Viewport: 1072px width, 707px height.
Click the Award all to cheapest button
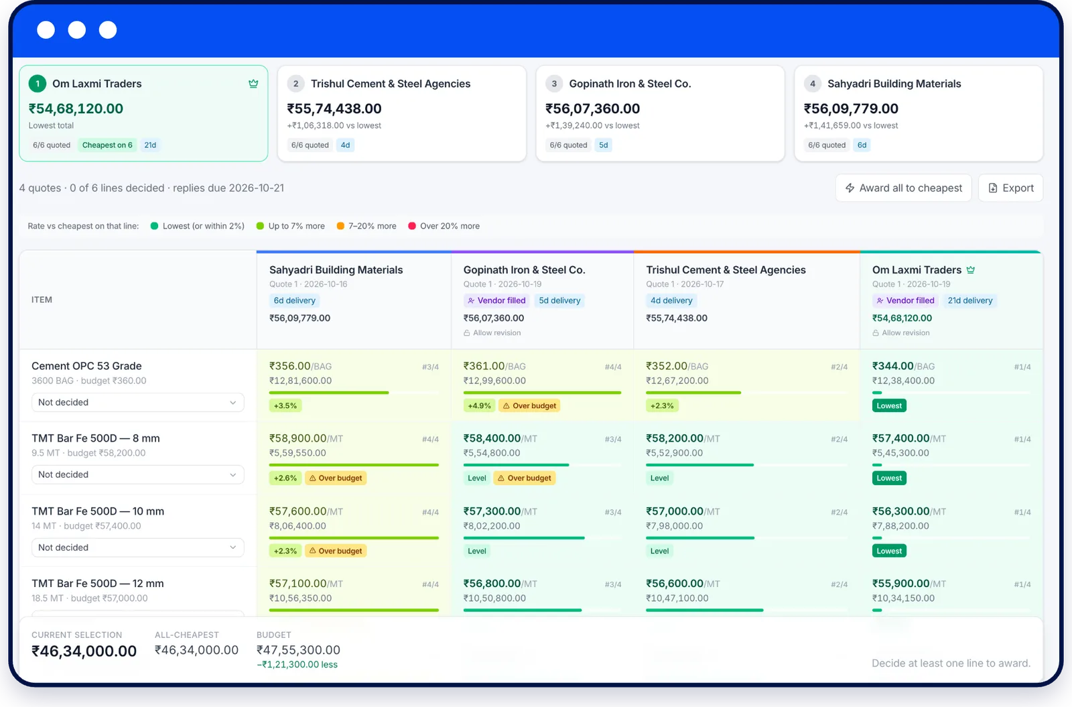pos(903,188)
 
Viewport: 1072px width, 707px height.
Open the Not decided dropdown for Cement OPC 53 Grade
pos(138,402)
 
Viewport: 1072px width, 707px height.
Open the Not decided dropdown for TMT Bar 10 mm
pos(138,547)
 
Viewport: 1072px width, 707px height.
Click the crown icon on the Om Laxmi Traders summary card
pos(253,84)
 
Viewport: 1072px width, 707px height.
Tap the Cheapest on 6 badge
pos(107,145)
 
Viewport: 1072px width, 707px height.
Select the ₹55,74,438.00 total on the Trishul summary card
pos(334,109)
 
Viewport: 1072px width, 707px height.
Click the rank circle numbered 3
pos(554,84)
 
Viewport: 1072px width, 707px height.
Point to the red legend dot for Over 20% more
pos(411,226)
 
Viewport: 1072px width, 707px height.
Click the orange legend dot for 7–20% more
pos(340,226)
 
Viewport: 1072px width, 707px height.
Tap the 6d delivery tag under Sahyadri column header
pos(294,301)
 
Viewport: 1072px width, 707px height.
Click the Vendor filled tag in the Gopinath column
pos(496,301)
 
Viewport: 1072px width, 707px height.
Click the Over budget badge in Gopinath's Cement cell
pos(529,405)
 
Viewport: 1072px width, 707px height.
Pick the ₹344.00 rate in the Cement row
pos(892,366)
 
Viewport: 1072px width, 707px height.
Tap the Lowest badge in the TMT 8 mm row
pos(888,478)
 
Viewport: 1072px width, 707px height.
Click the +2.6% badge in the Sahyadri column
pos(285,478)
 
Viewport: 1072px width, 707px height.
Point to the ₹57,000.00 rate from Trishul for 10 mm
pos(674,511)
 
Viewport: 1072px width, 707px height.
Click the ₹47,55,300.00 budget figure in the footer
pos(298,649)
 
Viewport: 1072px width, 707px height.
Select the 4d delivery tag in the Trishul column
pos(671,301)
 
